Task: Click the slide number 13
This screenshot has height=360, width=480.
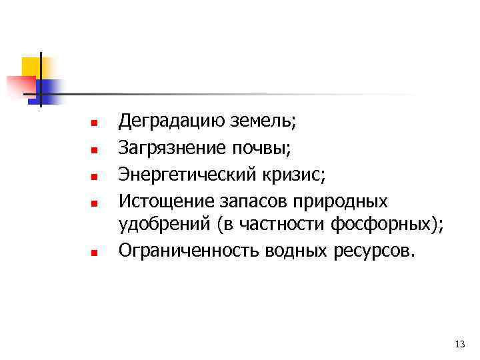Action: [459, 344]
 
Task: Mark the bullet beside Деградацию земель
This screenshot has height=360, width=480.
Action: [94, 124]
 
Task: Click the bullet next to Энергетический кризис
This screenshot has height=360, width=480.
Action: [94, 177]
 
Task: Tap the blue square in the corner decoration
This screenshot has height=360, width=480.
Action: [51, 89]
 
